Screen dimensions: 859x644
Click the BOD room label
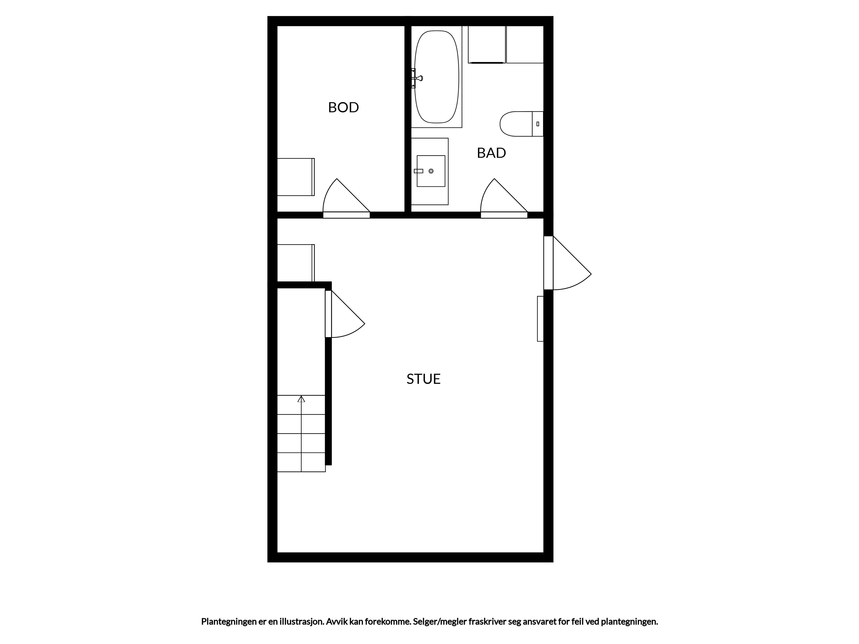pos(343,107)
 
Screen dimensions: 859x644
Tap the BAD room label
pos(491,153)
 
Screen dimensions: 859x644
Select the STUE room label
pos(423,379)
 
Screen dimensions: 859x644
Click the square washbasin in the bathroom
pos(431,171)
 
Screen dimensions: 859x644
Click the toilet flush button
pos(538,124)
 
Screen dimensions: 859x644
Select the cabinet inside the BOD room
pos(296,177)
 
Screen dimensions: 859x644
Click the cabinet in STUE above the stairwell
pos(296,263)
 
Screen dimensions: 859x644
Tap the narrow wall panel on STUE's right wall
pos(540,319)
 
